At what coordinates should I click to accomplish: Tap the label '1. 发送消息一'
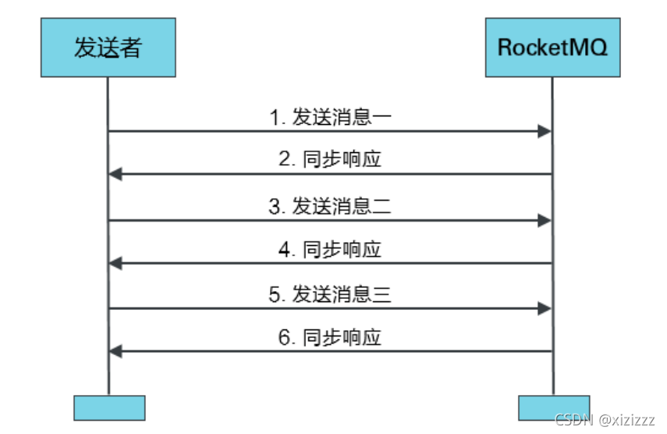(330, 117)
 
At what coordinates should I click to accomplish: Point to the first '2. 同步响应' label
(330, 161)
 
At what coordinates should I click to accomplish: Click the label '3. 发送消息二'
(330, 206)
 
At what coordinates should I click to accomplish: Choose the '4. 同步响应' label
(330, 249)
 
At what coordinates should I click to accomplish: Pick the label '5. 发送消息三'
(330, 294)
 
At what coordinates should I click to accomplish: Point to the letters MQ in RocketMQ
(593, 48)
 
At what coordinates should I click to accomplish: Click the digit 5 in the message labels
(274, 295)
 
